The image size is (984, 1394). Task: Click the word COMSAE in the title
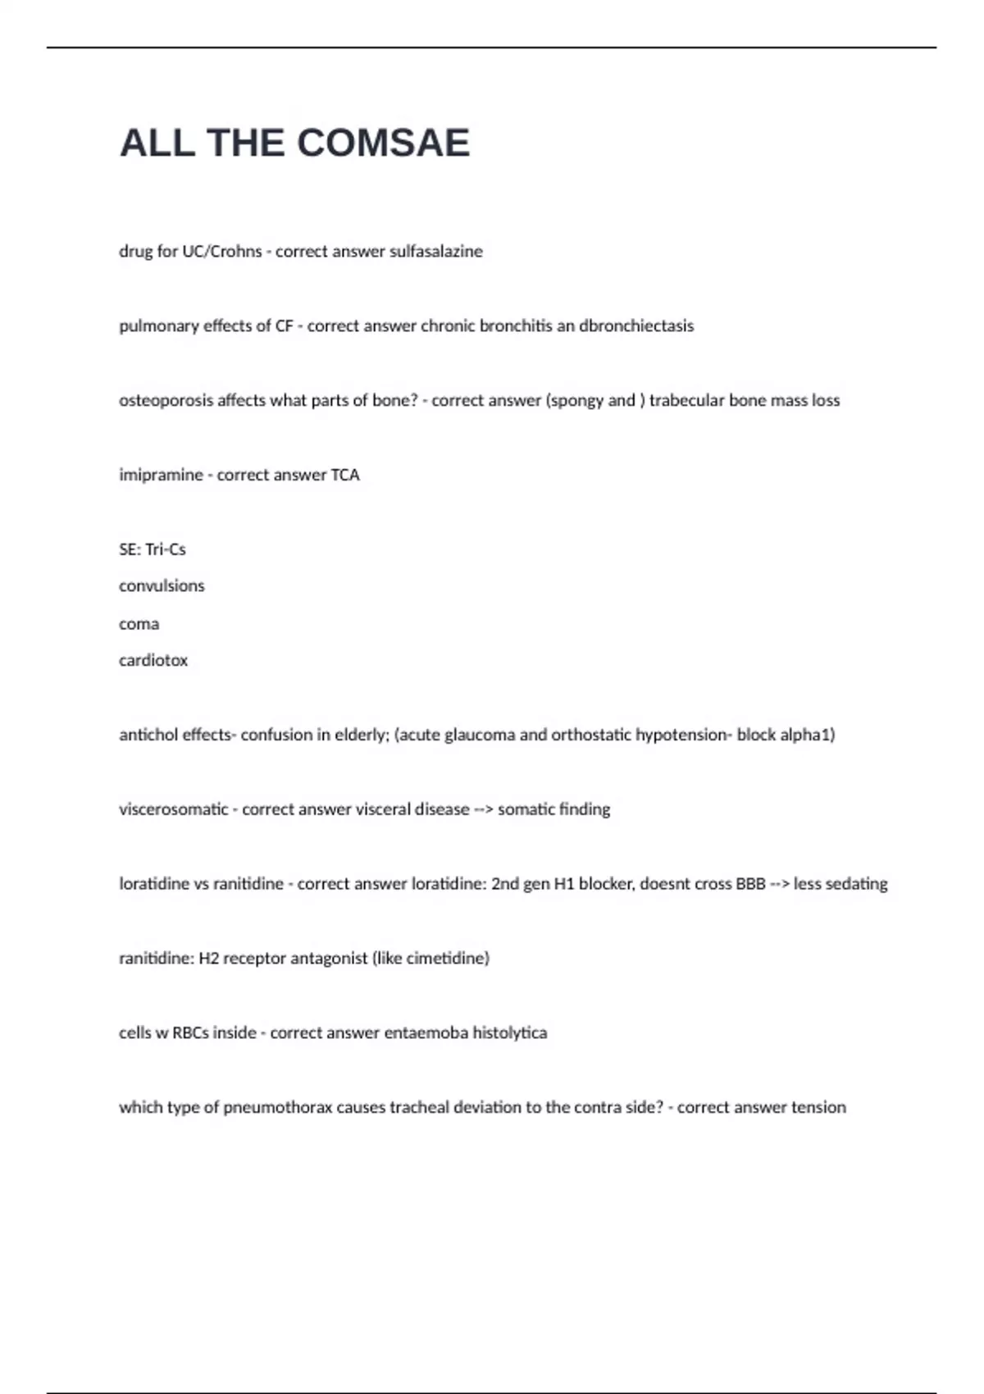click(383, 143)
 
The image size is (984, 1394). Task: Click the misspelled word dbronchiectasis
click(636, 326)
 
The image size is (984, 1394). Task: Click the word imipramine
click(161, 475)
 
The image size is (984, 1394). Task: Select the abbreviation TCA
click(345, 475)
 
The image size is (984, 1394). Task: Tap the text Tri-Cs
click(166, 549)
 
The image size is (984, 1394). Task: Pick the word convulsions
click(162, 585)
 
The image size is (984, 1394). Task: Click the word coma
click(139, 623)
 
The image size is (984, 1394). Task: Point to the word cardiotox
click(153, 660)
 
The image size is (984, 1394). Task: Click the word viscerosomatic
click(174, 809)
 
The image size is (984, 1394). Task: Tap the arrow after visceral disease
click(484, 809)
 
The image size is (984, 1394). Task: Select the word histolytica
click(510, 1032)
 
